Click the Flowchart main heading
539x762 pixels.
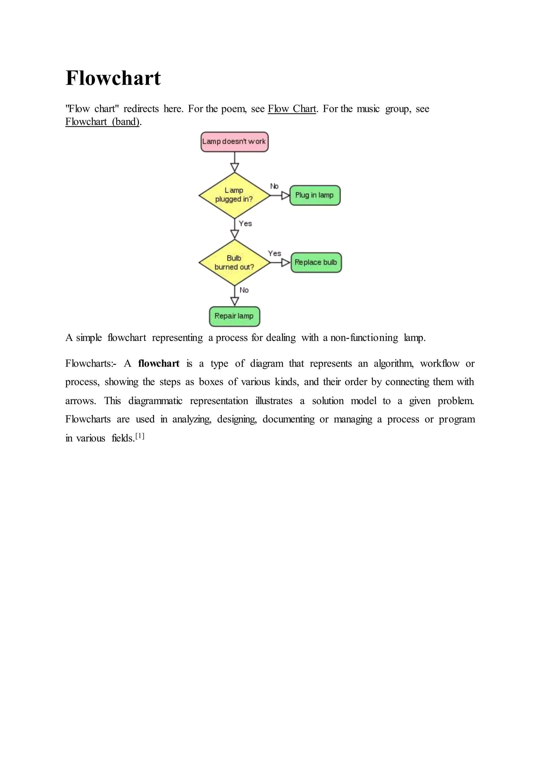(113, 78)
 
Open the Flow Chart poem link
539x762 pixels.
(292, 109)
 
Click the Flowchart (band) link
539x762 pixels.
(102, 122)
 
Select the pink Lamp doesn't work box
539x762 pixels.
(234, 142)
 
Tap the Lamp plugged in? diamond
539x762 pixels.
(234, 195)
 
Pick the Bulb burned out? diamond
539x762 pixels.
(234, 263)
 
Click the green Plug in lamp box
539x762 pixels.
(315, 195)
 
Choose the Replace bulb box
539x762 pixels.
(316, 263)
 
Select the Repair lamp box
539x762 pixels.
(234, 316)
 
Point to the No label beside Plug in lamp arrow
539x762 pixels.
(274, 186)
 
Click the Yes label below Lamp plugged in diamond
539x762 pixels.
(245, 224)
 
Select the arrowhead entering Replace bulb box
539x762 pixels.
(286, 263)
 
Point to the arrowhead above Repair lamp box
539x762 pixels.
(235, 301)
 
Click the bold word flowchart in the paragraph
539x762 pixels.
(159, 364)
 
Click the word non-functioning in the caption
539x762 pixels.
(364, 338)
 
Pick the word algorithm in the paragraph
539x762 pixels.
(393, 364)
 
